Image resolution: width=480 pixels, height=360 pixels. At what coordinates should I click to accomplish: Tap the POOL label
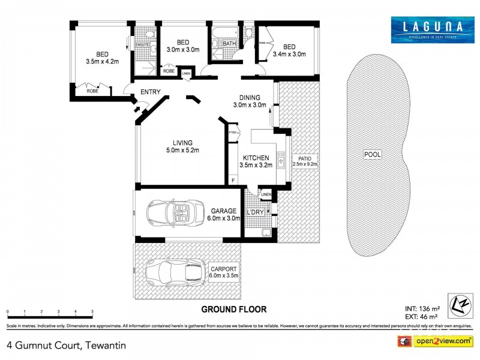[x=373, y=155]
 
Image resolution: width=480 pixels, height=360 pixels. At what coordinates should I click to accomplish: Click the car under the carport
[x=173, y=272]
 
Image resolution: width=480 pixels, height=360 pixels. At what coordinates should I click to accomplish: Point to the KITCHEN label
[x=251, y=158]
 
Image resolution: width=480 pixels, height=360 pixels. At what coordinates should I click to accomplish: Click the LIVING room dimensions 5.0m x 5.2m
[x=182, y=150]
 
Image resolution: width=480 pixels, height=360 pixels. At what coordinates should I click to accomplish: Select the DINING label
[x=250, y=97]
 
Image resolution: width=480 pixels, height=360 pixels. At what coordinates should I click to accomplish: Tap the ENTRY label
[x=150, y=92]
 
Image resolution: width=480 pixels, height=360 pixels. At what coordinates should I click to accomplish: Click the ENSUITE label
[x=142, y=44]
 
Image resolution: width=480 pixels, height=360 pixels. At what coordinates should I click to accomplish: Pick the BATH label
[x=230, y=43]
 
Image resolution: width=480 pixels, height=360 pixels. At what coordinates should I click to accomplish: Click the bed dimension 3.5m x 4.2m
[x=103, y=61]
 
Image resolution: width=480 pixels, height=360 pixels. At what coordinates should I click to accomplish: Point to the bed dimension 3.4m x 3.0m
[x=289, y=55]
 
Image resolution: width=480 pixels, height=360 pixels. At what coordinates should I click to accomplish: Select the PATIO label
[x=304, y=158]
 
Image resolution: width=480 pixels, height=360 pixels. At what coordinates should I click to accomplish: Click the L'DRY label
[x=255, y=212]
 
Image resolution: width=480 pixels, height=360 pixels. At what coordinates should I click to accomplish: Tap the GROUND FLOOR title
[x=233, y=310]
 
